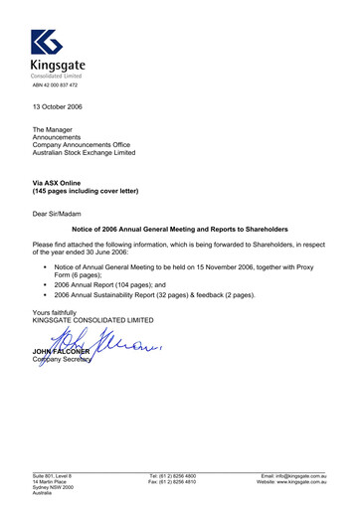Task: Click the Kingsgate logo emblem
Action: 47,42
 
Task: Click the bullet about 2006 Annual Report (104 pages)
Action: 139,281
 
